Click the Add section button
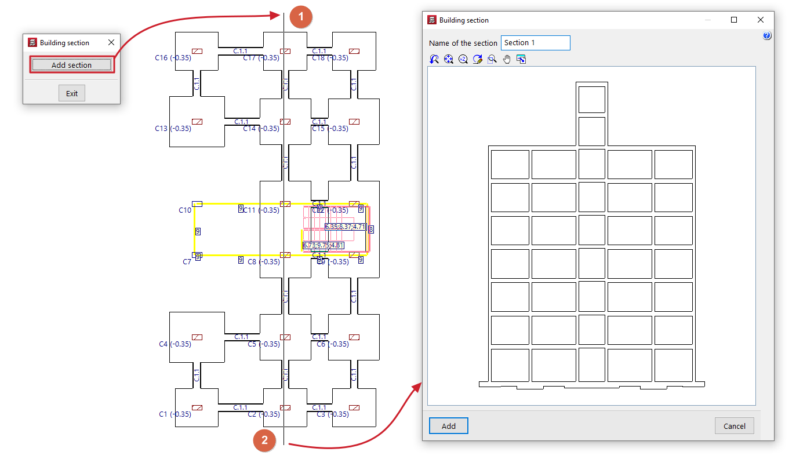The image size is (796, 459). point(71,65)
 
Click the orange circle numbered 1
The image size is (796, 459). point(300,16)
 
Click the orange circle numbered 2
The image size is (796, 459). point(264,440)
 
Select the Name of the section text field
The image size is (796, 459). point(535,43)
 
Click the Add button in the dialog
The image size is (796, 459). point(448,426)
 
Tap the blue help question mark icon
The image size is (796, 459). point(767,36)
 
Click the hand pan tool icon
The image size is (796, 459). point(507,59)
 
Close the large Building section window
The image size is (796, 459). point(761,20)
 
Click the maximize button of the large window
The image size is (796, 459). point(734,20)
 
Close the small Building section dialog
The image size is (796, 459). point(111,42)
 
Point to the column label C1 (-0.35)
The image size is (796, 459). point(175,414)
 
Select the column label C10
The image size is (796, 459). point(185,210)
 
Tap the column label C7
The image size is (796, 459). point(187,262)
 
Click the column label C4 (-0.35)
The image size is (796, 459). point(175,344)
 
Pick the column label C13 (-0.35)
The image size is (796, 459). point(173,129)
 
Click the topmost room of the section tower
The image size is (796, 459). point(591,99)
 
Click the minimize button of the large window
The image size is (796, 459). point(708,20)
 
